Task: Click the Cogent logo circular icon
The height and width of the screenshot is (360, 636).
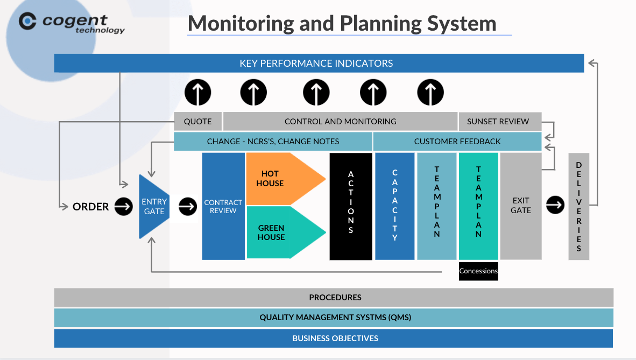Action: coord(27,21)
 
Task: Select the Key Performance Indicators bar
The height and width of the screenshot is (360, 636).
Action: coord(319,63)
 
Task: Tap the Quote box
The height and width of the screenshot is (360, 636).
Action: coord(197,122)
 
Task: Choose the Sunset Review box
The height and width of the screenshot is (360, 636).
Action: coord(500,122)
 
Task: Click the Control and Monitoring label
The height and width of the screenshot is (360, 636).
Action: coord(340,122)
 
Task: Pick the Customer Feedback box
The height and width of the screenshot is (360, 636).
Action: coord(457,141)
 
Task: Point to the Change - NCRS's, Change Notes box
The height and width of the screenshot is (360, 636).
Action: coord(273,141)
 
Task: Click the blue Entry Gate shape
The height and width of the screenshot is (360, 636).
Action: coord(154,207)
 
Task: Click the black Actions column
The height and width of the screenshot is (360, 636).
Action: coord(351,206)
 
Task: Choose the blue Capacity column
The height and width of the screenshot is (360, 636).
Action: coord(394,206)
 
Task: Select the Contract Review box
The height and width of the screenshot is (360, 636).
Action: coord(223,206)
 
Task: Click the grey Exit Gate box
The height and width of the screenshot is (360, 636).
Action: coord(521,206)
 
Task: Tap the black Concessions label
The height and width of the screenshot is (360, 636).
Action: coord(478,271)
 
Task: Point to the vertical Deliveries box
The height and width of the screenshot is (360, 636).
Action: coord(579,206)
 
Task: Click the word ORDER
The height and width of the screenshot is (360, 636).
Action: coord(90,207)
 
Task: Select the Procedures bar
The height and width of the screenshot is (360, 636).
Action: coord(334,298)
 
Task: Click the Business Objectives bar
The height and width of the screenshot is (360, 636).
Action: coord(334,338)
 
